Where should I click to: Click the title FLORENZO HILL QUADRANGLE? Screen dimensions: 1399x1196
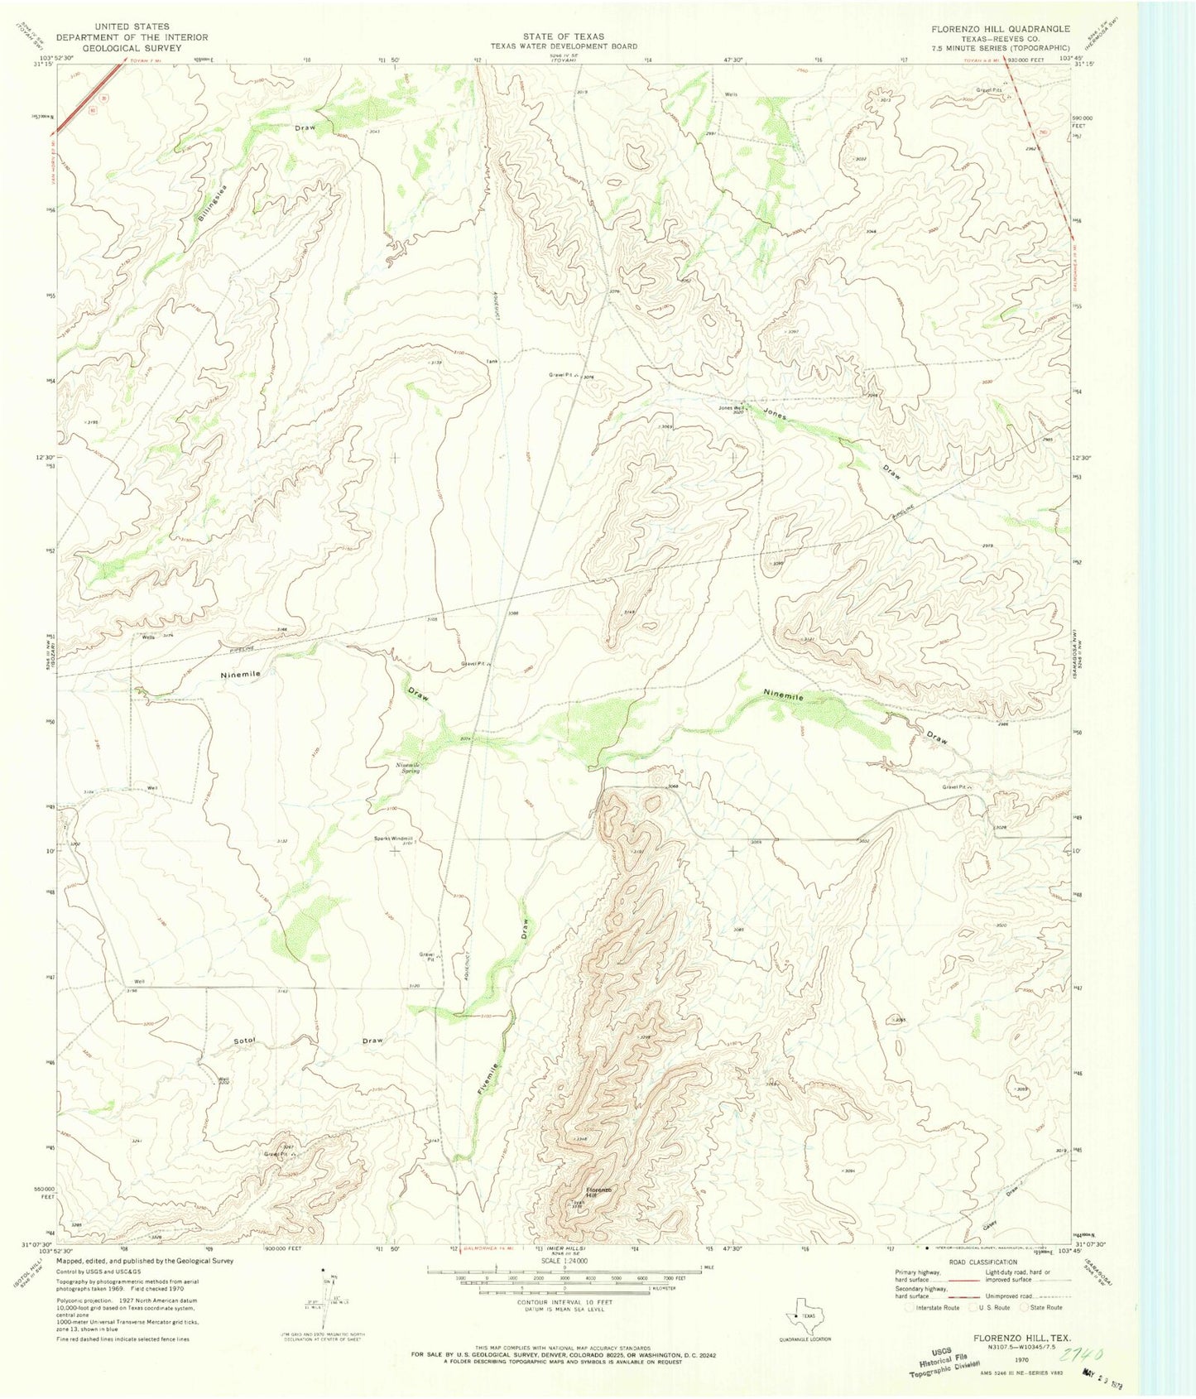click(1000, 29)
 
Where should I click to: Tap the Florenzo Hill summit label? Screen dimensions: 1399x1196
click(599, 1192)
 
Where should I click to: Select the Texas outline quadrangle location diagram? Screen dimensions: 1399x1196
click(800, 1316)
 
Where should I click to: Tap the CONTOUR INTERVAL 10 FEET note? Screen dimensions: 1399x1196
click(564, 1301)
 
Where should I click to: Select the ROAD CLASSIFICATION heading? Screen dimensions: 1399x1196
click(982, 1262)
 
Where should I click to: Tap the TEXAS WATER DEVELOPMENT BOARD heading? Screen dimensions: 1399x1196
click(564, 46)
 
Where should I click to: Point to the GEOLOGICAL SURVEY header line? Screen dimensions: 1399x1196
click(132, 48)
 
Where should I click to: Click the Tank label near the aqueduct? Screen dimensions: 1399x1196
click(492, 361)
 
